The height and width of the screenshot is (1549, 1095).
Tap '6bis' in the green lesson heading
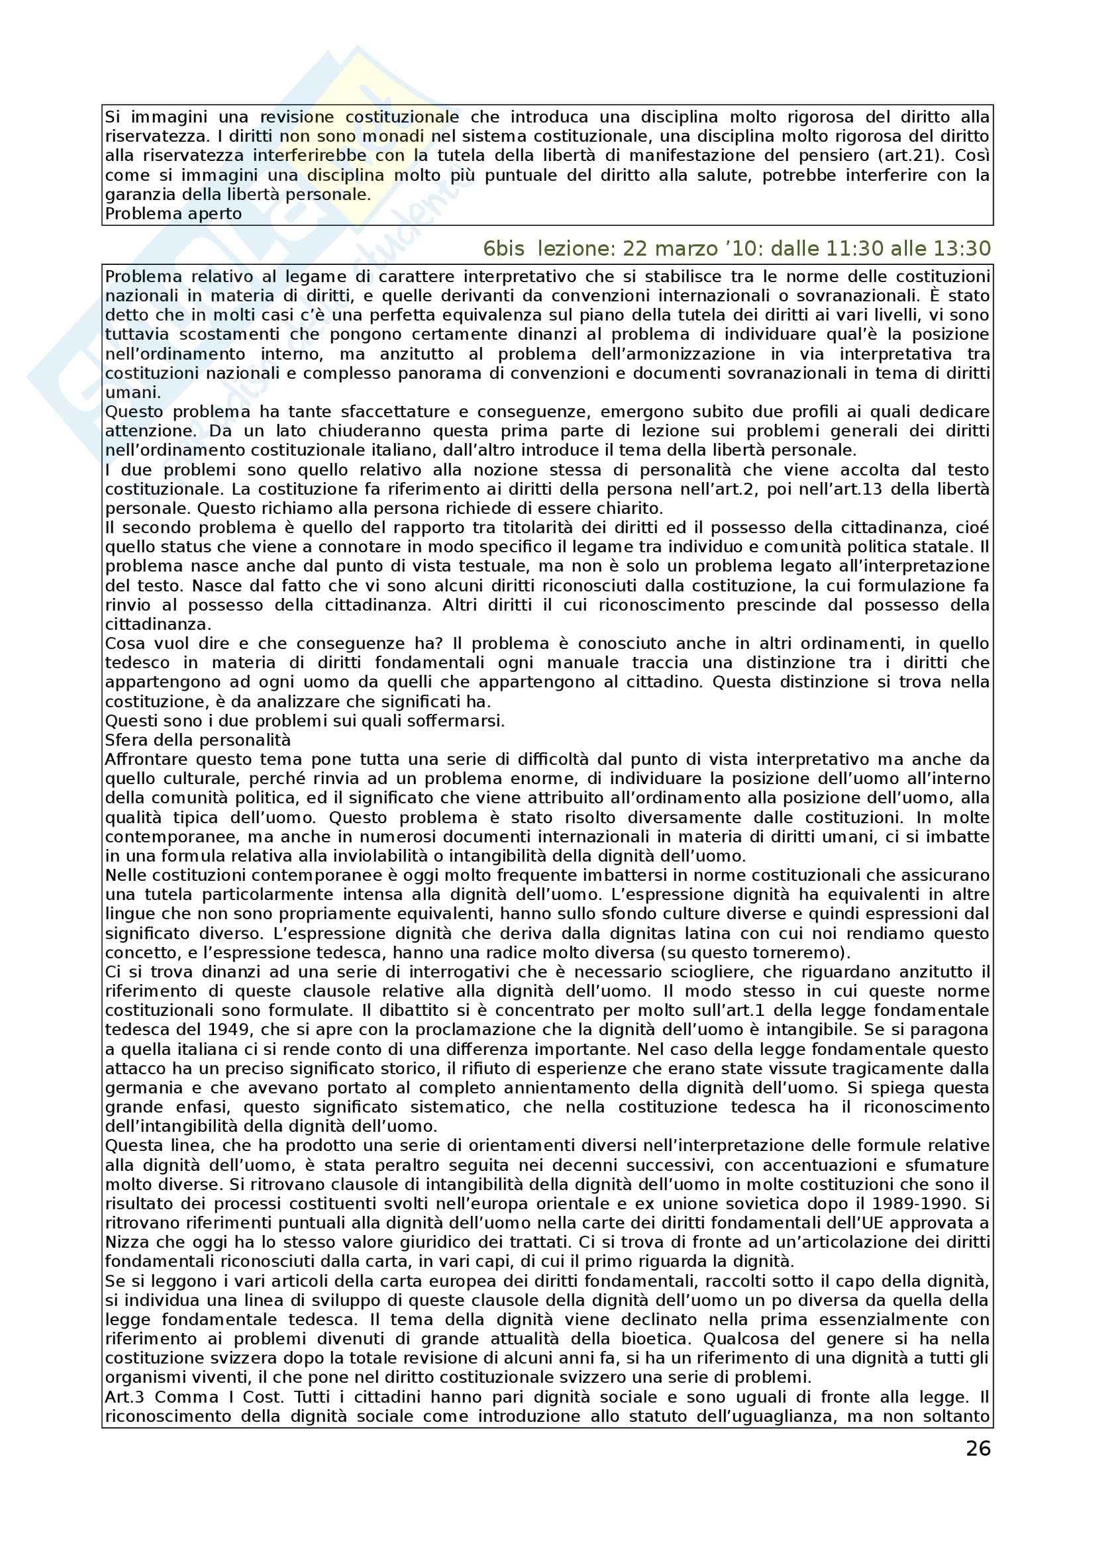point(503,249)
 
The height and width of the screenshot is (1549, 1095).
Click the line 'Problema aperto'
point(174,214)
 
